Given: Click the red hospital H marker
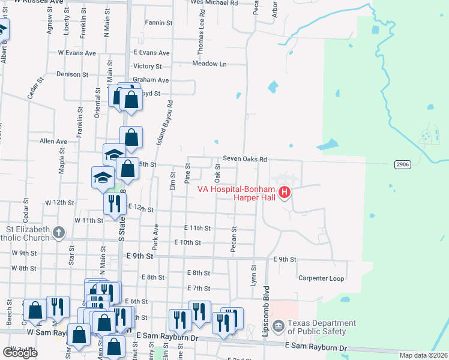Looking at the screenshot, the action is pyautogui.click(x=286, y=193).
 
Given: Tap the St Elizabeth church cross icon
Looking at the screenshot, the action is pyautogui.click(x=58, y=232).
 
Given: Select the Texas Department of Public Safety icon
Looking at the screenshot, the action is pyautogui.click(x=279, y=326).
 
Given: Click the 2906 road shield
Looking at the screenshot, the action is pyautogui.click(x=403, y=164).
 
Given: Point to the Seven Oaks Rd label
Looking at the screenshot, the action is pyautogui.click(x=244, y=159).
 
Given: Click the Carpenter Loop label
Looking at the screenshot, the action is pyautogui.click(x=321, y=278).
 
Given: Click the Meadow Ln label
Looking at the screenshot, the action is pyautogui.click(x=209, y=64).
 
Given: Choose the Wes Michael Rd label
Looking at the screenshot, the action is pyautogui.click(x=214, y=3).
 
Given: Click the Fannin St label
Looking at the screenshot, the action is pyautogui.click(x=158, y=23).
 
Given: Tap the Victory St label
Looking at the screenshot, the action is pyautogui.click(x=148, y=67).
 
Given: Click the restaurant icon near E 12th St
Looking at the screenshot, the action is pyautogui.click(x=114, y=204).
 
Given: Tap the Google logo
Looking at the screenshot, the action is pyautogui.click(x=20, y=352).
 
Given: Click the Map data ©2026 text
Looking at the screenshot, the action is pyautogui.click(x=423, y=355).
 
